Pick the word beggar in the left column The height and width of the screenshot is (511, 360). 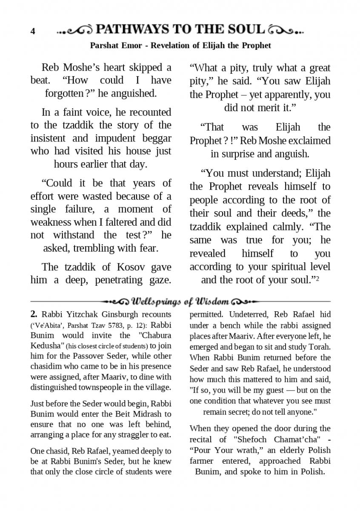pyautogui.click(x=156, y=138)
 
